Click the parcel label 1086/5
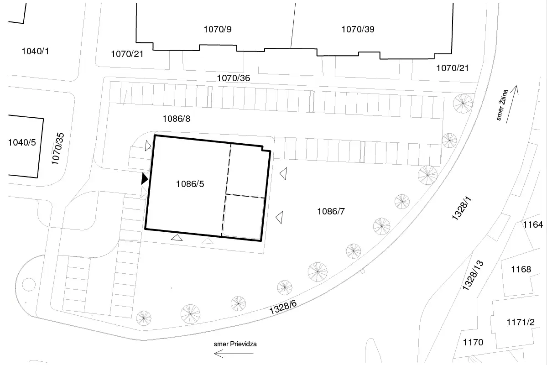tap(190, 184)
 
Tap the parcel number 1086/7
tap(331, 211)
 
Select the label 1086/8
tap(177, 119)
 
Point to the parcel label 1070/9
tap(218, 29)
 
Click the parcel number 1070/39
tap(358, 29)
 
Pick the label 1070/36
tap(234, 78)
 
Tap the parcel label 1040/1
tap(35, 51)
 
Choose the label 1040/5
tap(22, 142)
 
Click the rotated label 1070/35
tap(58, 148)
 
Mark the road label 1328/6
tap(283, 307)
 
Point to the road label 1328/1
tap(462, 208)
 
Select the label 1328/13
tap(473, 275)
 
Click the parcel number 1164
tap(533, 225)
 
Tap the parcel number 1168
tap(521, 269)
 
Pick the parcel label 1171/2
tap(521, 322)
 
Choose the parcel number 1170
tap(473, 342)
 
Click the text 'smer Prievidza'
tap(235, 344)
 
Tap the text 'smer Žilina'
tap(502, 104)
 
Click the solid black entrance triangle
tap(145, 179)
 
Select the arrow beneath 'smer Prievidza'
tap(234, 354)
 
